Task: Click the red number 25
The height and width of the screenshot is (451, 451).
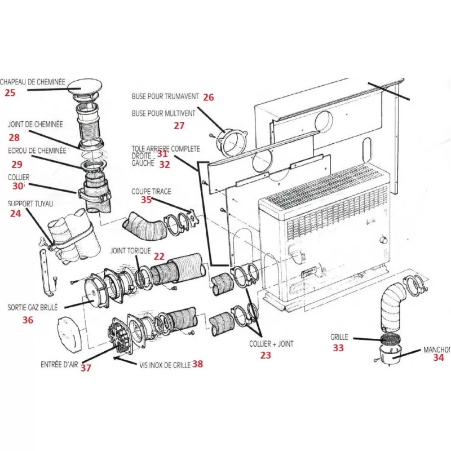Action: [x=10, y=93]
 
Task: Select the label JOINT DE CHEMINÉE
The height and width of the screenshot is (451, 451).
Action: [x=35, y=125]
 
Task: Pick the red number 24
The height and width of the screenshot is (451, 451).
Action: [x=15, y=214]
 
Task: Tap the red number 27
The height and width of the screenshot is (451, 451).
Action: [x=179, y=126]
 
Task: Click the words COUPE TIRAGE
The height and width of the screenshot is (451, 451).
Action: [x=151, y=191]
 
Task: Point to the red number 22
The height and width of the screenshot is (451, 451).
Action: [x=159, y=256]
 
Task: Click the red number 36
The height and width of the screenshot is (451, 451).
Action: [x=28, y=320]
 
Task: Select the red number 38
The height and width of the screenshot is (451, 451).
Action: [x=197, y=364]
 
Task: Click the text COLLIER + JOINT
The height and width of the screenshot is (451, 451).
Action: [x=271, y=343]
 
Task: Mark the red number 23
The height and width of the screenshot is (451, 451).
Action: [x=265, y=355]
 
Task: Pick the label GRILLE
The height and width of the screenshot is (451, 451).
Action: [x=340, y=337]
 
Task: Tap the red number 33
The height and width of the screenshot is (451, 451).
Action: [x=338, y=348]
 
